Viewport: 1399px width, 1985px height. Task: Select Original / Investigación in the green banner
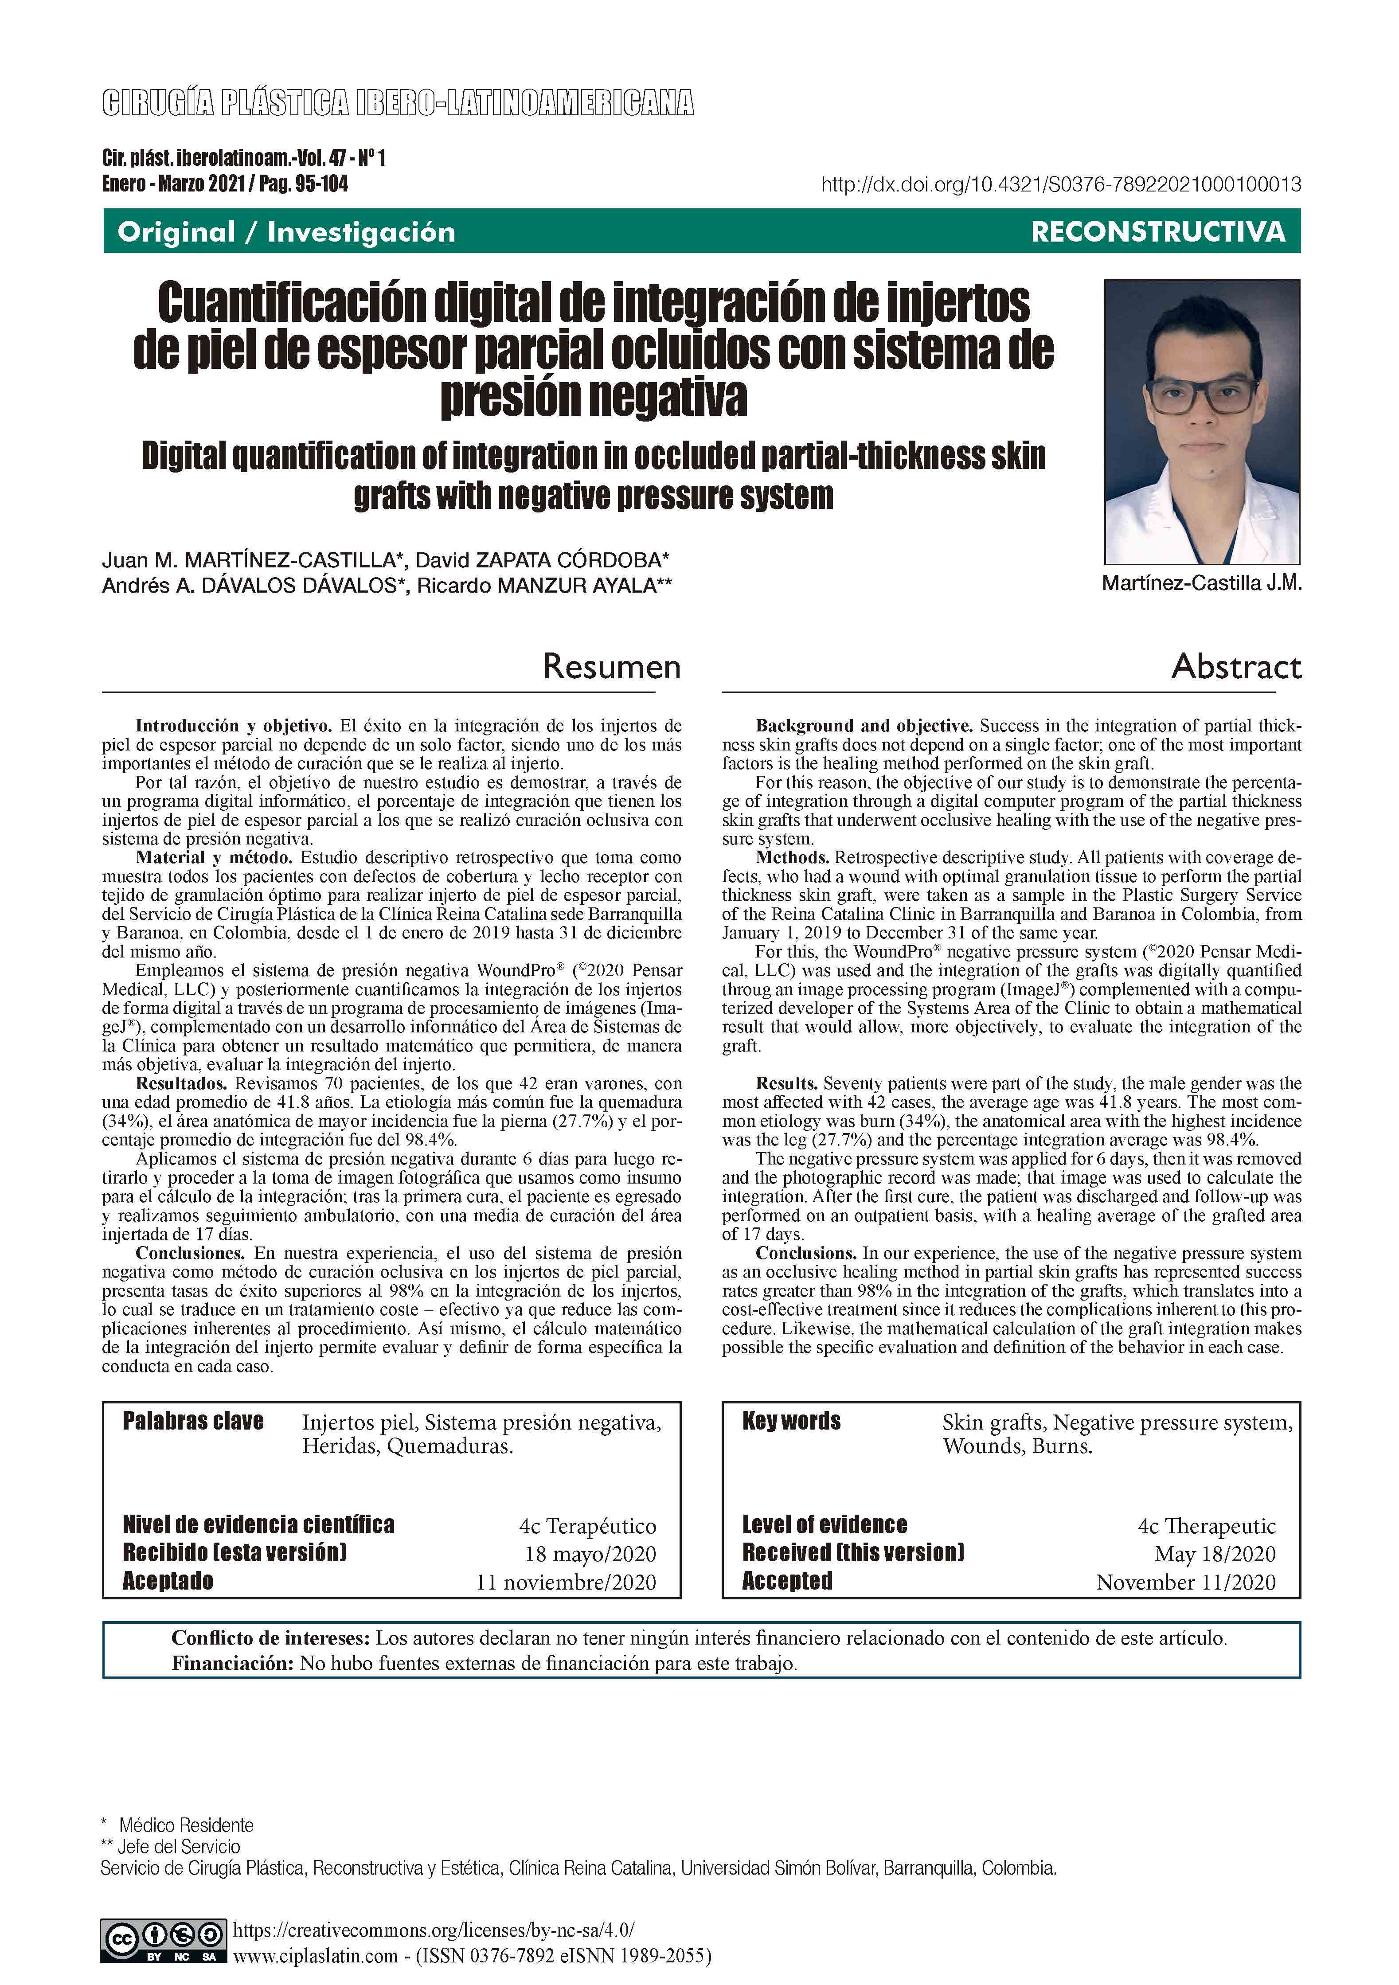coord(286,232)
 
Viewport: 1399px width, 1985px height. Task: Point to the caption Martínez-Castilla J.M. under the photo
coord(1201,583)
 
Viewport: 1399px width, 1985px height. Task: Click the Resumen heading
coord(611,667)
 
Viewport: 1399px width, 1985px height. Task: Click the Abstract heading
coord(1235,667)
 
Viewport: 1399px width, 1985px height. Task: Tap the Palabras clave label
coord(193,1421)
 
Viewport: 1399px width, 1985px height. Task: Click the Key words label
coord(791,1421)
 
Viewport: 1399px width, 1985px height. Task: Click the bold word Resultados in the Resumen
coord(182,1083)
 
